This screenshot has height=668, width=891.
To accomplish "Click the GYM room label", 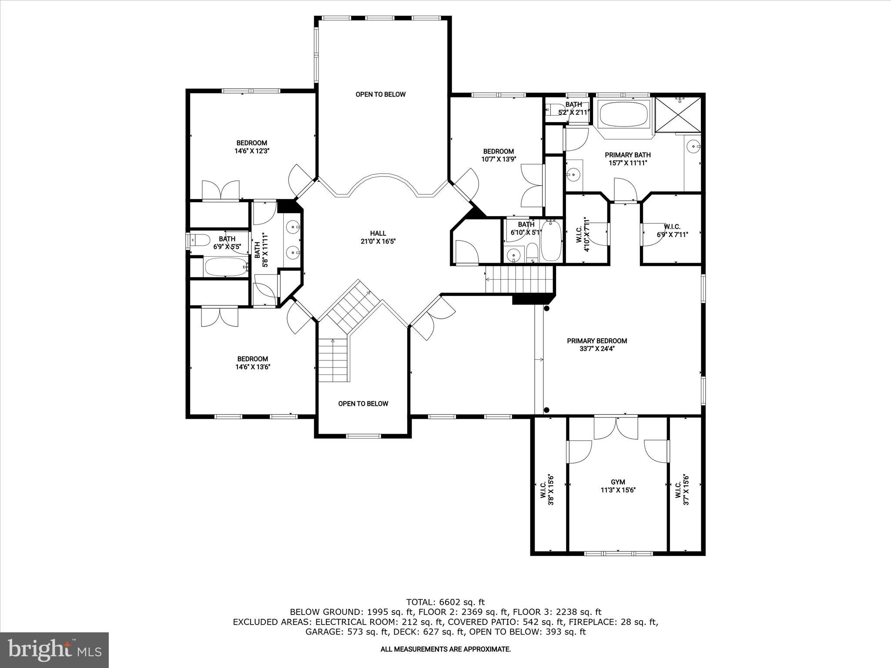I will (617, 482).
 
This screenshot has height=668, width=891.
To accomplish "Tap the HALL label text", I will (378, 234).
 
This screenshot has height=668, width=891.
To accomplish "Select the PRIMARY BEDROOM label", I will (596, 341).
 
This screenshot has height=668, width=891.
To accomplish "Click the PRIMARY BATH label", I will (627, 155).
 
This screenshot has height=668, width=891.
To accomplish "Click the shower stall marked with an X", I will (678, 114).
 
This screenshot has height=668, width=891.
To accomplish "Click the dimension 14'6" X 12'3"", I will (251, 151).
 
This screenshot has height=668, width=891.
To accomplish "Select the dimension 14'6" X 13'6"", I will (252, 367).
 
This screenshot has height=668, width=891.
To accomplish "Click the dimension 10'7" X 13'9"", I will (498, 159).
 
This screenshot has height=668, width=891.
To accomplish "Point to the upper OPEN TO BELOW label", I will (380, 94).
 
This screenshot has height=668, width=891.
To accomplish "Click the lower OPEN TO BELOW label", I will (363, 404).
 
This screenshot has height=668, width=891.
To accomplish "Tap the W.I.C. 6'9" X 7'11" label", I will (672, 230).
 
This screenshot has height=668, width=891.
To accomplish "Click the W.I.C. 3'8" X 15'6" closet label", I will (547, 489).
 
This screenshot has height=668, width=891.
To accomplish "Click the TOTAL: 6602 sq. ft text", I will (445, 602).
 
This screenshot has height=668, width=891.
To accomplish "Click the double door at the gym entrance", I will (616, 428).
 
